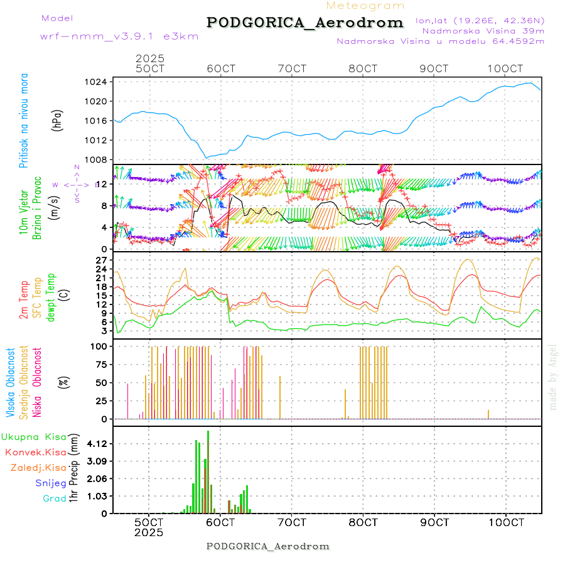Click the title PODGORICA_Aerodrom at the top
click(304, 23)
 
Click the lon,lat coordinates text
click(480, 20)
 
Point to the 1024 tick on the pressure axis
click(96, 82)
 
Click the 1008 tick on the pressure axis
click(96, 159)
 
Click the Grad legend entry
click(55, 499)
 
